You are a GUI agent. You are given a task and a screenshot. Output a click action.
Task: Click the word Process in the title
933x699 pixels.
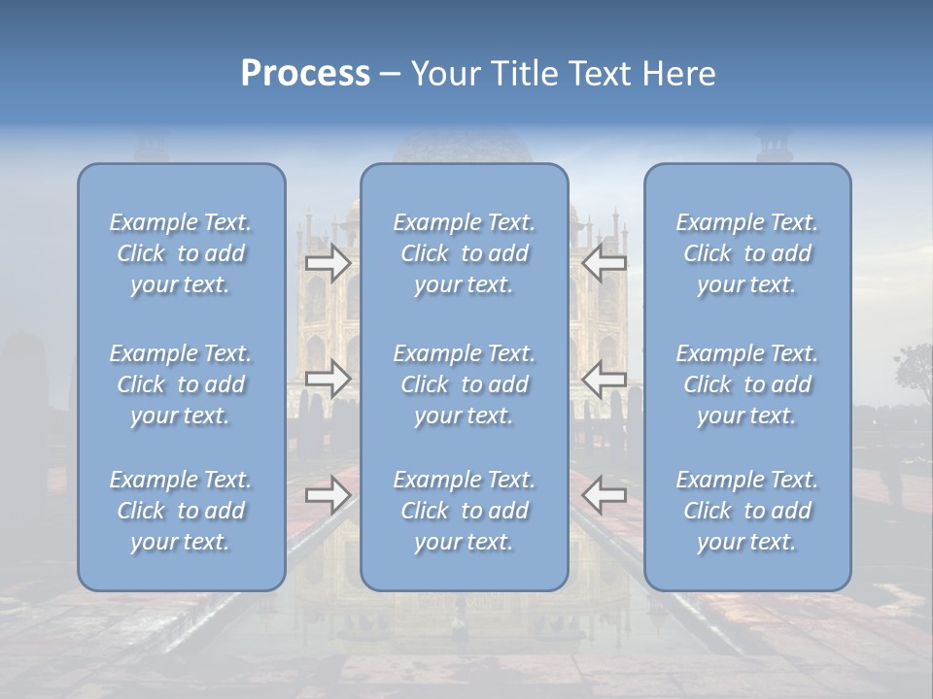click(305, 74)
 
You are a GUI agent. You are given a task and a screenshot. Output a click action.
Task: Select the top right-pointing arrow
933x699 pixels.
click(328, 263)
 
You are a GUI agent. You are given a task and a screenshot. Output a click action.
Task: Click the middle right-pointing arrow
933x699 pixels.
click(328, 379)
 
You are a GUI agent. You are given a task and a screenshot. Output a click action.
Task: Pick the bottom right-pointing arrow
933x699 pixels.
click(328, 495)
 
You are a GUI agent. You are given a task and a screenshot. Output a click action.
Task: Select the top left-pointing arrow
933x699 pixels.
click(605, 263)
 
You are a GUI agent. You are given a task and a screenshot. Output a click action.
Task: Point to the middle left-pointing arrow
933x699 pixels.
click(605, 379)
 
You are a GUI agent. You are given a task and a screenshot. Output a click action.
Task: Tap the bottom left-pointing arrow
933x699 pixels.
click(605, 495)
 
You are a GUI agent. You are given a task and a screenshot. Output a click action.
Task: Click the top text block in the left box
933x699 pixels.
click(181, 253)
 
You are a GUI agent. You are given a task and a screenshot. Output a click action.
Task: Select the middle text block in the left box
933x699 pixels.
click(181, 384)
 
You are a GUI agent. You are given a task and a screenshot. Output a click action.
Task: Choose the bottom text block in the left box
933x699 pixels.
click(181, 511)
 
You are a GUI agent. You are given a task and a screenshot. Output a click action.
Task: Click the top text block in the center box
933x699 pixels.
click(465, 253)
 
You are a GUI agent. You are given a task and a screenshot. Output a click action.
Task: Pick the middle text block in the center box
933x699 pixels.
click(465, 384)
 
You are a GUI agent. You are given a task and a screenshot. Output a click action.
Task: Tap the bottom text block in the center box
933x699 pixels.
click(465, 511)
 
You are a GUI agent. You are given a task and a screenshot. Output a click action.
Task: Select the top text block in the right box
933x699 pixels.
click(747, 253)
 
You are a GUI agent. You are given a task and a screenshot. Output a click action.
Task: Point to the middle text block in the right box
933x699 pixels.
click(747, 384)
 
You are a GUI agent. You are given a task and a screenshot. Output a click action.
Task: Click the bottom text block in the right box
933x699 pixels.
click(747, 511)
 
